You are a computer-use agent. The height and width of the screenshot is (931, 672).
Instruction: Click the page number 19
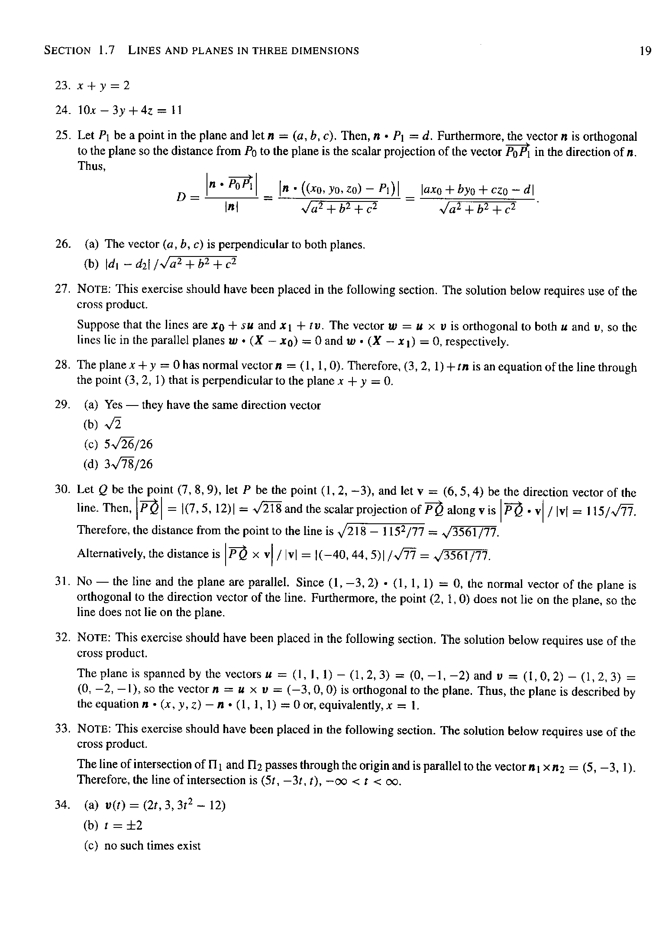[645, 51]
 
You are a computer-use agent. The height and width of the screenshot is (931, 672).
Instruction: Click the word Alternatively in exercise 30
[112, 554]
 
